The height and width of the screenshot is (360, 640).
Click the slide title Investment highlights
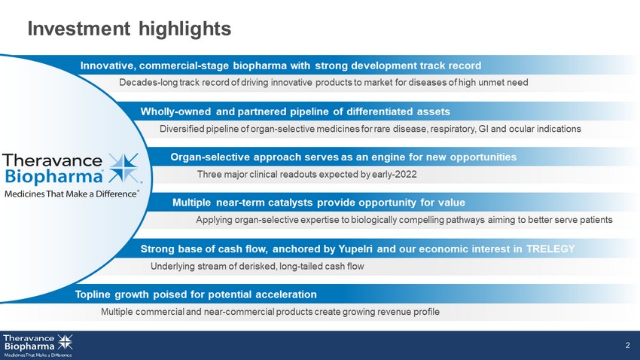pyautogui.click(x=129, y=29)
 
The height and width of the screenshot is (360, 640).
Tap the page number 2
pyautogui.click(x=628, y=345)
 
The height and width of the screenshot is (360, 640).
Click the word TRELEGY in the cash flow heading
pyautogui.click(x=550, y=249)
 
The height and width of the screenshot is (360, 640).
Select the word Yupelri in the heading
pyautogui.click(x=355, y=249)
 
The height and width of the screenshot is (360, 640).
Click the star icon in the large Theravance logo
pyautogui.click(x=124, y=168)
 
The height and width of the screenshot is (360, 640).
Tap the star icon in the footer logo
pyautogui.click(x=65, y=342)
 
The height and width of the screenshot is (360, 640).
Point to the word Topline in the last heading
pyautogui.click(x=93, y=294)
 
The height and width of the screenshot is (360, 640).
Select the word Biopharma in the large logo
pyautogui.click(x=54, y=176)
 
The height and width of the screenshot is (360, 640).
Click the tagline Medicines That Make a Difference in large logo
pyautogui.click(x=72, y=194)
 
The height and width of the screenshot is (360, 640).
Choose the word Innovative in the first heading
pyautogui.click(x=108, y=66)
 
